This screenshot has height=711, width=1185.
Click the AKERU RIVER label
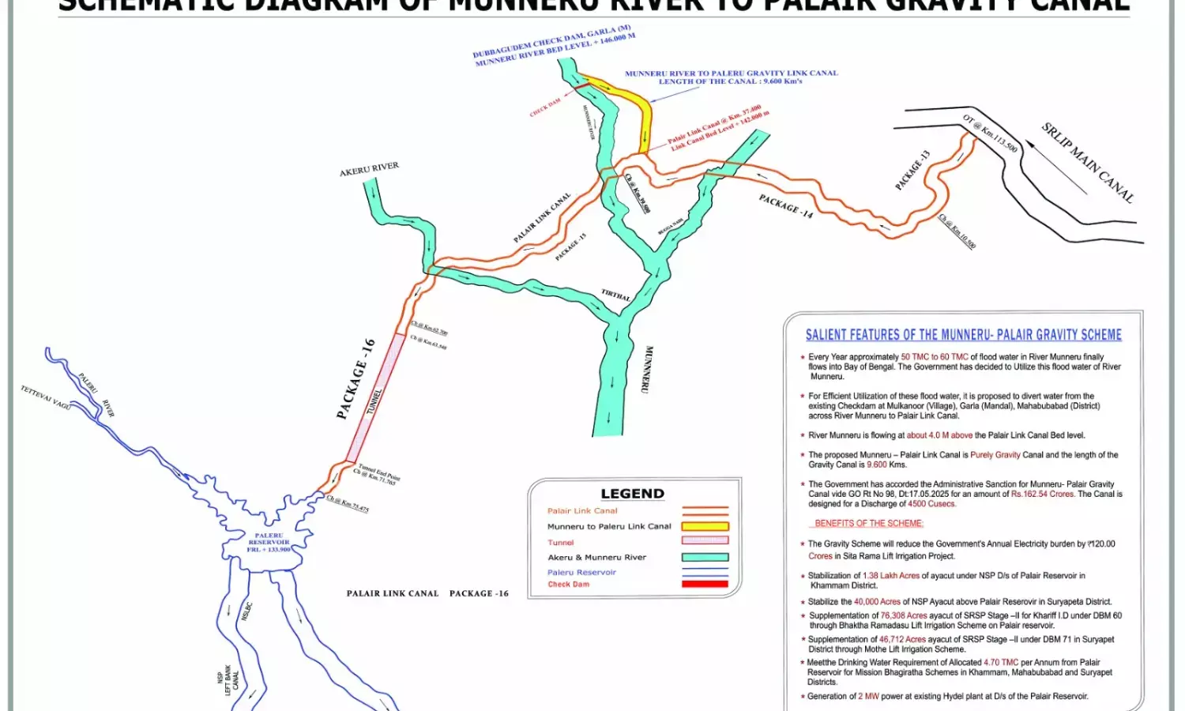click(x=369, y=170)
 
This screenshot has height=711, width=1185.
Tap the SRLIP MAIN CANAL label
click(x=1087, y=163)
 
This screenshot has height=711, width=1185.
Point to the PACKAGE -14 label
click(x=785, y=206)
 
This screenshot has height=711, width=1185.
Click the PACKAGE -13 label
click(x=912, y=170)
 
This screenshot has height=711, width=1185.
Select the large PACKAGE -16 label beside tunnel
click(x=355, y=379)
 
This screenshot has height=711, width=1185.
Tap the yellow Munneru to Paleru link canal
click(x=645, y=118)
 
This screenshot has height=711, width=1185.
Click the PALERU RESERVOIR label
click(x=269, y=542)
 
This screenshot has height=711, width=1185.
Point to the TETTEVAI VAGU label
click(x=46, y=397)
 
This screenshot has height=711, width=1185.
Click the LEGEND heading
click(x=632, y=494)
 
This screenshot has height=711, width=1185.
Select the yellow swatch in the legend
click(x=705, y=526)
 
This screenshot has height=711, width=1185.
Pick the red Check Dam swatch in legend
click(x=705, y=585)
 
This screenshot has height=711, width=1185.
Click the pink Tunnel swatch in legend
click(x=705, y=541)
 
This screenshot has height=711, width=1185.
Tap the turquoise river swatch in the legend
click(x=705, y=557)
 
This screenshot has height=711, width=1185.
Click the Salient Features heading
click(x=963, y=335)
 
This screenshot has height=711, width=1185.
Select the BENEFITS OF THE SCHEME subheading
click(x=868, y=523)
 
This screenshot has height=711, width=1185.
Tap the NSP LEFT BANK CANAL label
click(x=228, y=679)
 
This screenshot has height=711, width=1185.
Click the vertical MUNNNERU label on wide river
click(x=647, y=369)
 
